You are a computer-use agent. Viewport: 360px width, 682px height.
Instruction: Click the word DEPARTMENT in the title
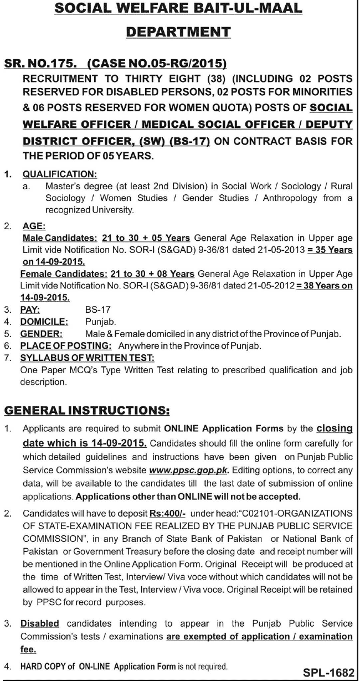178,33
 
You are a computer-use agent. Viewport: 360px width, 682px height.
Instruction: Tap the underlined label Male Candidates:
60,238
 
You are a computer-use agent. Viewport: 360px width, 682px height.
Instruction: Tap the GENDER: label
42,334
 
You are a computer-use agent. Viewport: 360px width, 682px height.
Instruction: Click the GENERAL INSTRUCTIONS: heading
86,410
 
